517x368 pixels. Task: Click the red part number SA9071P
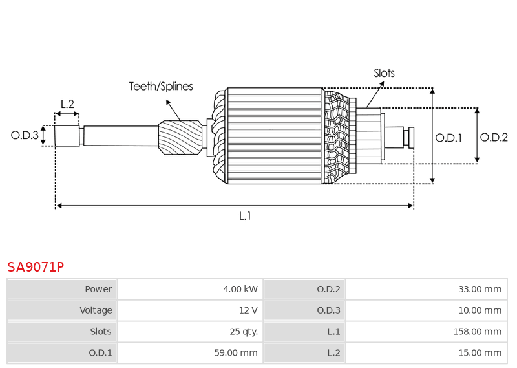(x=36, y=266)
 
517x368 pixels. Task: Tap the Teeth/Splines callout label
(x=160, y=86)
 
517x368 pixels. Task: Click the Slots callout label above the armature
(x=384, y=73)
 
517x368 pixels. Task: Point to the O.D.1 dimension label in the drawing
(x=448, y=137)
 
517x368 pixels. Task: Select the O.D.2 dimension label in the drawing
(x=494, y=137)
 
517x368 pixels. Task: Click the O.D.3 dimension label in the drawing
(x=25, y=135)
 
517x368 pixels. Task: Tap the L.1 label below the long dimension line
(x=245, y=216)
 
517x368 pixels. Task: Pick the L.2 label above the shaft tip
(x=67, y=104)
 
